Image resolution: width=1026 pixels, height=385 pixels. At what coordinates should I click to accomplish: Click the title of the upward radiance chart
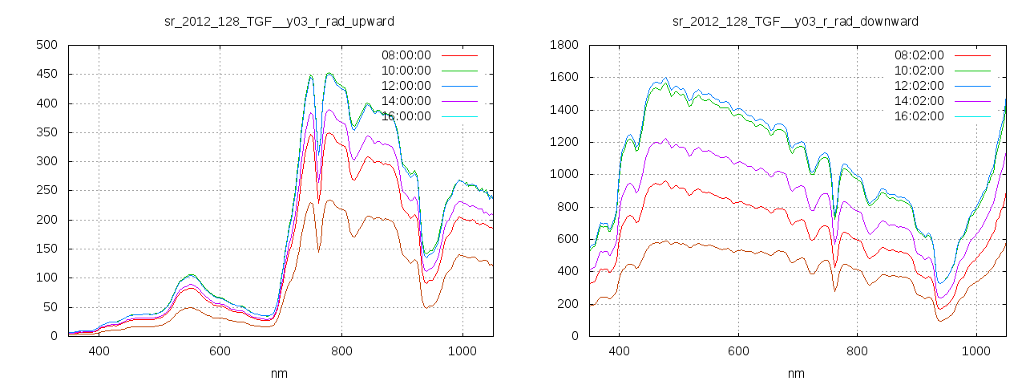(x=279, y=21)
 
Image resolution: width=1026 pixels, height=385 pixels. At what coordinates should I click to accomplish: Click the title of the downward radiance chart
(x=795, y=21)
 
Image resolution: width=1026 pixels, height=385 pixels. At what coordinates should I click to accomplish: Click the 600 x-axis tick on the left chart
(x=220, y=351)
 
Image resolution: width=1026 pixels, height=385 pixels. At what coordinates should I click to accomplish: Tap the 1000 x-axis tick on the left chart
(x=463, y=351)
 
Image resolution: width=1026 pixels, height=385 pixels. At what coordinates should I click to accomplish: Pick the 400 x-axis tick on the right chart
(x=619, y=351)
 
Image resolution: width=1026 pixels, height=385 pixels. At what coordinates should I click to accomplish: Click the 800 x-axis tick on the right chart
(x=858, y=351)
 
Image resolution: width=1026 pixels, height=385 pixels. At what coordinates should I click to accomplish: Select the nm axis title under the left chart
(x=279, y=373)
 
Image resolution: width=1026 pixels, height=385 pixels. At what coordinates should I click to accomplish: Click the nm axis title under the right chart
(x=795, y=373)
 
